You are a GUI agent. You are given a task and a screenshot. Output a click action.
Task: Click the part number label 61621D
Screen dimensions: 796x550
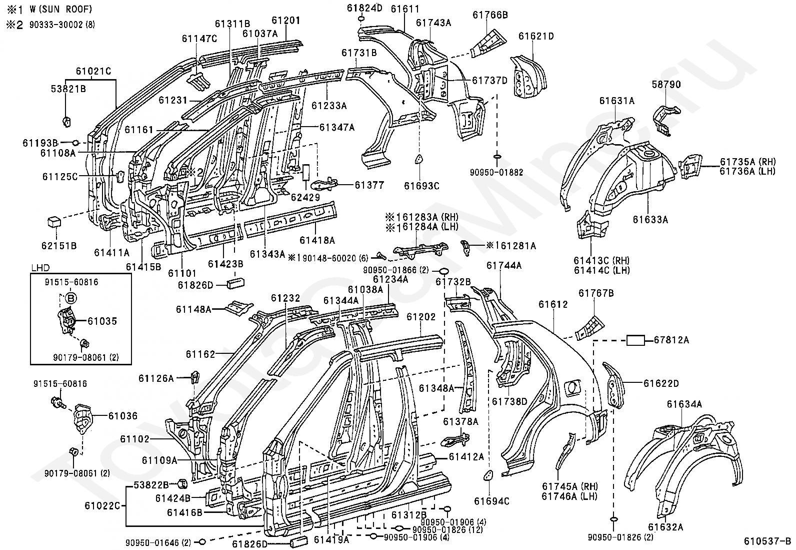[x=536, y=36]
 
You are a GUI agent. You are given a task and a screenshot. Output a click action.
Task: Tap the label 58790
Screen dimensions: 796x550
[x=666, y=84]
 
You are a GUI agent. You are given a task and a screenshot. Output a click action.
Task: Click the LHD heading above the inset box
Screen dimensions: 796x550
[x=40, y=268]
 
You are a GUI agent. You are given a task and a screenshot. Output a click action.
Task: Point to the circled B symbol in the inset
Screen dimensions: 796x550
[x=71, y=298]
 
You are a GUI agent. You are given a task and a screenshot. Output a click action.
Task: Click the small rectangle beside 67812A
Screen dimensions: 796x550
[x=635, y=340]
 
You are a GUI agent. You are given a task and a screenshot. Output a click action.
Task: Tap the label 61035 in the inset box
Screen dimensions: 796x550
[x=102, y=321]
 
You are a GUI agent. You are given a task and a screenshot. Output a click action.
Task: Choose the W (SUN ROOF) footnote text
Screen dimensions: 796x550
[x=60, y=9]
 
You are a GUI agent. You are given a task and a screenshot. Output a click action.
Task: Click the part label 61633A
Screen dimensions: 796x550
[x=650, y=220]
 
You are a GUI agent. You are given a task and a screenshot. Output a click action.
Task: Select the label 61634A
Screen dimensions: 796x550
[x=684, y=404]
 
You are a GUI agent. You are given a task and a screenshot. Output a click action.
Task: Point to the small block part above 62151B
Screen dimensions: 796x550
[x=54, y=222]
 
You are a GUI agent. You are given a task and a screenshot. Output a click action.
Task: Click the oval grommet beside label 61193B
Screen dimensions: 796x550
[x=75, y=143]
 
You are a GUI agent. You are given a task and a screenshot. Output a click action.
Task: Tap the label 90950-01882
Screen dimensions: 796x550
[x=496, y=173]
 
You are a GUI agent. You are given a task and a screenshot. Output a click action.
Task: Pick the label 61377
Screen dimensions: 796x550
[x=369, y=185]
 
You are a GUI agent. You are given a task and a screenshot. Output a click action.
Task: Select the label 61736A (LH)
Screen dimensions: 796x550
[x=747, y=171]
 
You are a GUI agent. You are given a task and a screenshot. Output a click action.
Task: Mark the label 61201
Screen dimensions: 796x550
[x=286, y=21]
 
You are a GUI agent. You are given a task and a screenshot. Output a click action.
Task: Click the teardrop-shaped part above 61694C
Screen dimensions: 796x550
[x=489, y=475]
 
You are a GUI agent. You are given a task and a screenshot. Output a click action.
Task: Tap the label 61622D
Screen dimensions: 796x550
[x=661, y=383]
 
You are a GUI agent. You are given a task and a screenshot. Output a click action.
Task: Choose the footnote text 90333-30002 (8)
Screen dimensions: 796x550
[x=62, y=25]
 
